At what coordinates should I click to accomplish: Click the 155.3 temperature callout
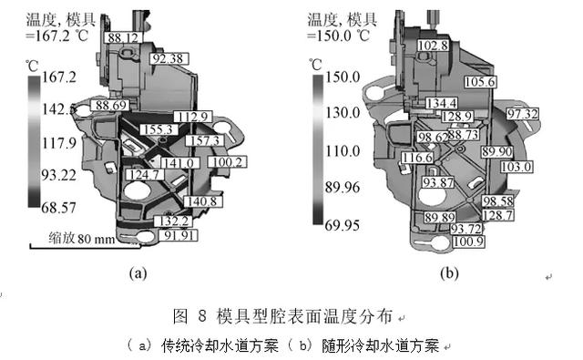(159, 129)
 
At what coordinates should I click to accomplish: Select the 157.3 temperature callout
(204, 140)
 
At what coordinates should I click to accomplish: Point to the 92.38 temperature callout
(169, 58)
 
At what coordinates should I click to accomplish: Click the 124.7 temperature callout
(145, 174)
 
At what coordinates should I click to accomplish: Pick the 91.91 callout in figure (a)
(179, 235)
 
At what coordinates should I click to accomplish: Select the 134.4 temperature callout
(441, 103)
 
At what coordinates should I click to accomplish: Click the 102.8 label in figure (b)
(434, 46)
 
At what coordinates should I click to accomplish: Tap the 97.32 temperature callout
(523, 114)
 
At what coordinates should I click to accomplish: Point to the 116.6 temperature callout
(417, 158)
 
